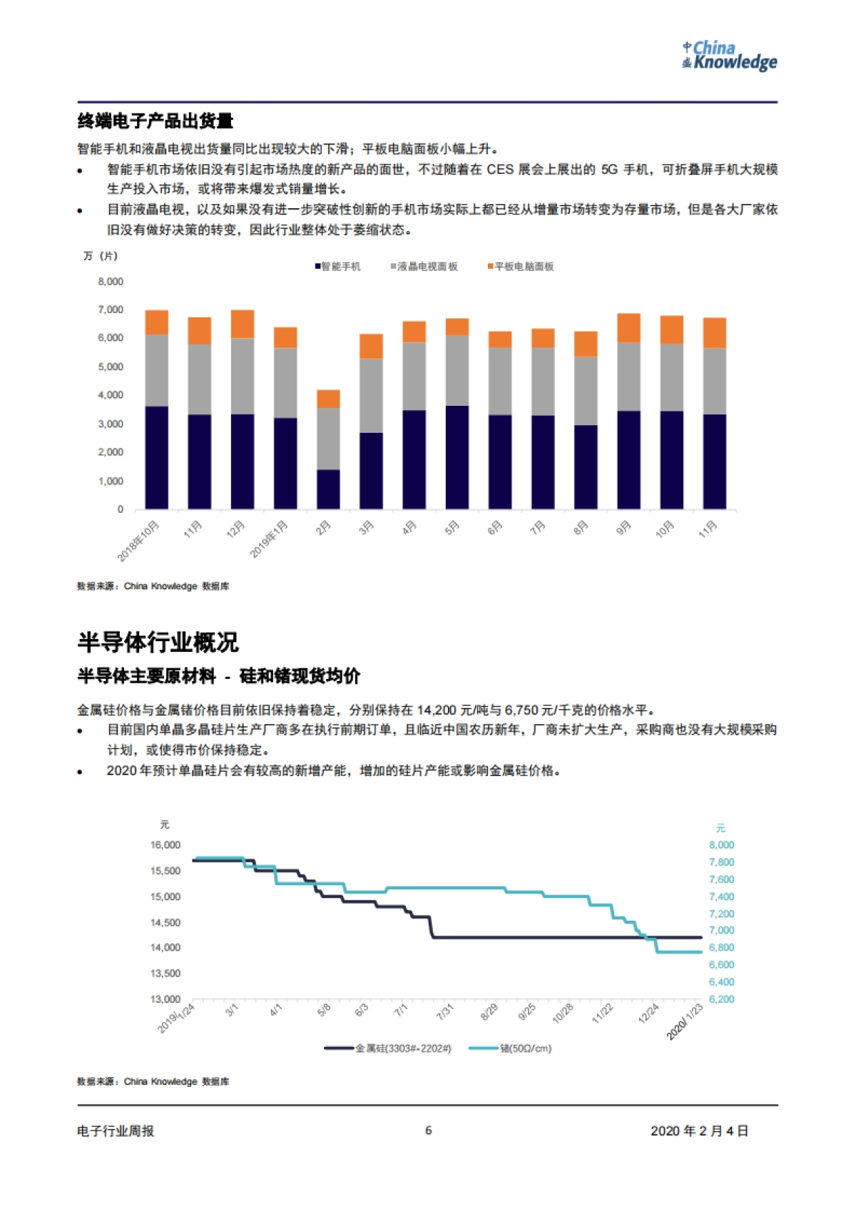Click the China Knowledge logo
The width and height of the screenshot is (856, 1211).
pos(729,56)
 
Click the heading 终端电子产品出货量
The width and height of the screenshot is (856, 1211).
pos(156,121)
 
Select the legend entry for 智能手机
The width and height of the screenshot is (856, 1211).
pos(338,267)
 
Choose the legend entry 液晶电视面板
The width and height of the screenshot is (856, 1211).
pos(424,267)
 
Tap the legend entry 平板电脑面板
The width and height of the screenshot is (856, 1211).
pos(521,267)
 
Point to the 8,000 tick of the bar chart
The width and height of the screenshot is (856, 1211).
pos(111,282)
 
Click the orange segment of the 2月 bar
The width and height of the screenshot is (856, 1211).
pos(328,399)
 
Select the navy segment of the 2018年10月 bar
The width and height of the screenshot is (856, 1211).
pos(157,457)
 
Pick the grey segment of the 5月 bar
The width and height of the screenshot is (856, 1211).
pos(457,370)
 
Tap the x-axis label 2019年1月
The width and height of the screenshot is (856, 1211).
pos(270,538)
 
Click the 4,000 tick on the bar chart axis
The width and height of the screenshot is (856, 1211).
pos(111,395)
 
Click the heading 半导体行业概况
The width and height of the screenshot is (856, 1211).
pos(158,643)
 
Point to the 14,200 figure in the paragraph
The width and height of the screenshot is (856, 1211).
pos(436,710)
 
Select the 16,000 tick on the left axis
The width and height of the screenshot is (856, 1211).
pos(165,845)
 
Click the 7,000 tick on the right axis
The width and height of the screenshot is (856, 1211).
pos(721,931)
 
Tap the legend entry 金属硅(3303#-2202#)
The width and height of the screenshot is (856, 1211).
pos(389,1048)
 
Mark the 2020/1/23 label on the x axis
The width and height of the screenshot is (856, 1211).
pos(685,1021)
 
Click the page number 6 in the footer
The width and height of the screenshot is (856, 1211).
pos(428,1130)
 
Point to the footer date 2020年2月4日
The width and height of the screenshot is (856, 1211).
pos(699,1131)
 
